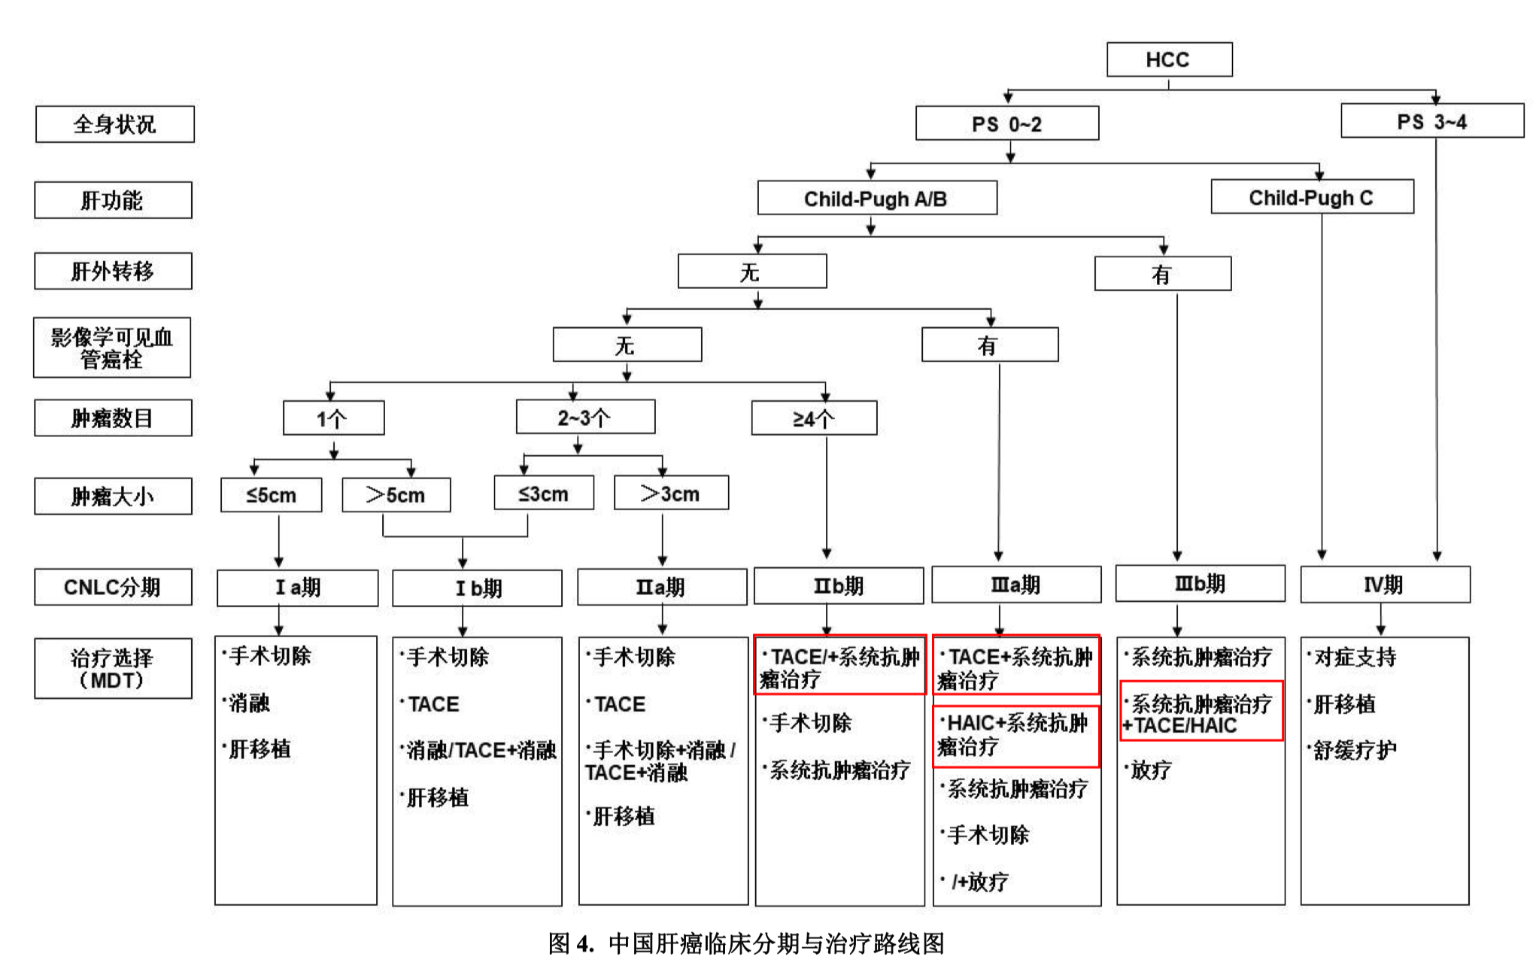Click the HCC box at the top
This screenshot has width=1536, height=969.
click(1169, 59)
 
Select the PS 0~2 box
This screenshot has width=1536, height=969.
click(1006, 123)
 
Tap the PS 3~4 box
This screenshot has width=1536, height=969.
click(1431, 122)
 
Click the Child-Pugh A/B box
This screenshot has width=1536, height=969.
click(876, 199)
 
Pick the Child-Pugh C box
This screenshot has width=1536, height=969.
click(1311, 197)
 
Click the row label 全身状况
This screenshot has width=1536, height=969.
click(114, 124)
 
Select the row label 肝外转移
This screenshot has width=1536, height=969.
click(113, 271)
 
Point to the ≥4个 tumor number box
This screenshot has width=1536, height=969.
click(814, 418)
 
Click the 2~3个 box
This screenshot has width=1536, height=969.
click(584, 418)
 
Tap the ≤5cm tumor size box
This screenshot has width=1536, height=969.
click(271, 495)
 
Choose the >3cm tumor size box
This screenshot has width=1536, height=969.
click(670, 494)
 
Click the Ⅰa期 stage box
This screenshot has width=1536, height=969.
click(297, 588)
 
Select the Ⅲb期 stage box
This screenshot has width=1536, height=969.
click(1200, 584)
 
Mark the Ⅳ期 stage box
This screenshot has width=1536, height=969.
click(1384, 585)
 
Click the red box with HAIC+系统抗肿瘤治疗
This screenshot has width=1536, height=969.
click(1015, 735)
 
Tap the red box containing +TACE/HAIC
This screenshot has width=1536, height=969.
click(1201, 711)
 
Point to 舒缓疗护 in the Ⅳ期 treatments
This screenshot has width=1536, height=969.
click(1354, 750)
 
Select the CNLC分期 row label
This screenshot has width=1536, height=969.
click(113, 587)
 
